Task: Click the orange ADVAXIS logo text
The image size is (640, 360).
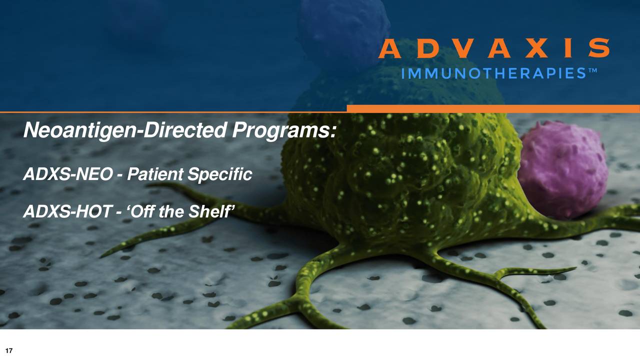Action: point(493,48)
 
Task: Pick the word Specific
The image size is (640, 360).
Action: point(220,174)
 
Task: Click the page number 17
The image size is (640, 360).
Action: point(8,350)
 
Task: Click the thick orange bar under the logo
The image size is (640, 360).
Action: point(493,108)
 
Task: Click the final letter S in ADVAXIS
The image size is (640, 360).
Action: point(598,48)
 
